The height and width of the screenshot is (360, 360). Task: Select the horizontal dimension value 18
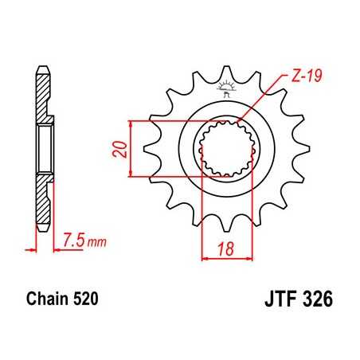(226, 248)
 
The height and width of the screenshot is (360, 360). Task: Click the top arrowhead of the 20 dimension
(131, 122)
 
